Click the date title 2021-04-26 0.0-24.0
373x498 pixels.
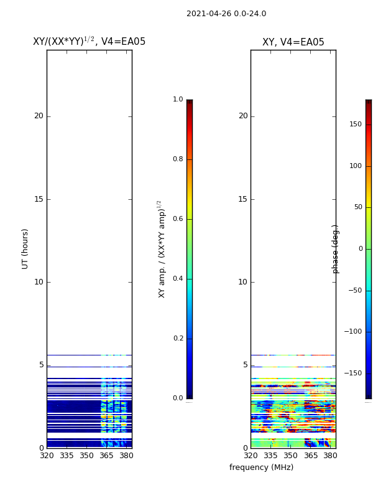[226, 14]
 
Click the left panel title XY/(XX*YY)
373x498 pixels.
[89, 42]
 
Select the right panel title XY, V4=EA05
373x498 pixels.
[293, 42]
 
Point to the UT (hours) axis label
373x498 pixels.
[25, 248]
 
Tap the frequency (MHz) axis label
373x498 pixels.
[261, 467]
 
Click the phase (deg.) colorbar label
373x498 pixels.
[336, 249]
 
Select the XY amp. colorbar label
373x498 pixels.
[162, 249]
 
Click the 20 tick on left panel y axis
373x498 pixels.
[39, 116]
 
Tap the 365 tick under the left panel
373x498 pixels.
[106, 456]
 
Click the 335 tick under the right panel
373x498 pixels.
[270, 456]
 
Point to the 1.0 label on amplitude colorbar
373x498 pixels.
[178, 100]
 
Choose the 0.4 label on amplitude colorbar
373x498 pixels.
[178, 279]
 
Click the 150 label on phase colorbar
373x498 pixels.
[355, 125]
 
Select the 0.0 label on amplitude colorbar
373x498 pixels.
[178, 398]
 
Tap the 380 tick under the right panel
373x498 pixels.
[330, 456]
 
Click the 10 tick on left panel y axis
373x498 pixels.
[39, 282]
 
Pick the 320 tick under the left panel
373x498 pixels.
[47, 456]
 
